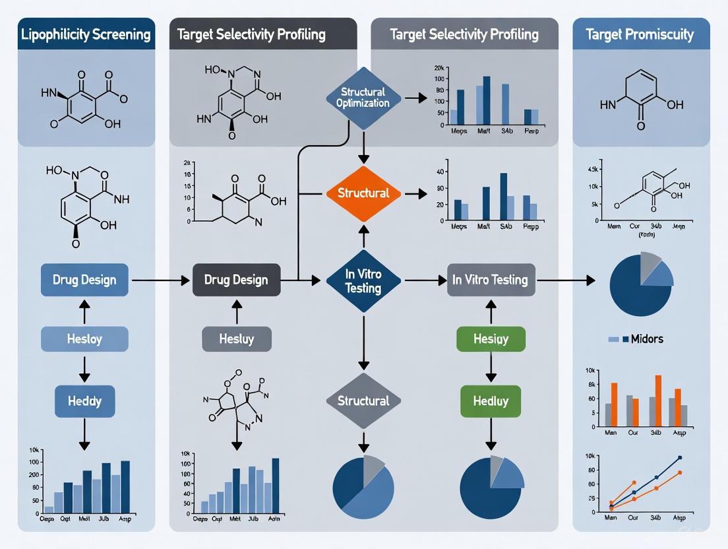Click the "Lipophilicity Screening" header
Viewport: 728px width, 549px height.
(x=86, y=34)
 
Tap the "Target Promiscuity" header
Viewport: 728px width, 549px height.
(x=641, y=34)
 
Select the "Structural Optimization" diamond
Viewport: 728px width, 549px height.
(x=362, y=97)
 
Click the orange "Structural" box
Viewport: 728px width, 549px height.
(x=363, y=193)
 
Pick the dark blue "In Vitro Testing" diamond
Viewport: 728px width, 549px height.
(x=363, y=280)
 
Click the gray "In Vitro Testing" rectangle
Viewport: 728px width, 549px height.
(x=490, y=280)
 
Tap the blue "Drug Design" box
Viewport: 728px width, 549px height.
(x=84, y=280)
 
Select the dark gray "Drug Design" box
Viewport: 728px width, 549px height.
(x=236, y=280)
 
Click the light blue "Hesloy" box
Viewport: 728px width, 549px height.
(x=84, y=339)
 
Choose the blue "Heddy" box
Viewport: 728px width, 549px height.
(x=84, y=401)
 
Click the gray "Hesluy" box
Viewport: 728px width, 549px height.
(x=236, y=339)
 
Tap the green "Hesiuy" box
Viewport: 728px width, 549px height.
(x=491, y=339)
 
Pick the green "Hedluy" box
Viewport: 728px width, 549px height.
(x=491, y=401)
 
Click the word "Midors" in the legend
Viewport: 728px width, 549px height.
(x=647, y=339)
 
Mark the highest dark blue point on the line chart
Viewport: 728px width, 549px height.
(x=680, y=457)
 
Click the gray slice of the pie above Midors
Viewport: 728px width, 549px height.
(x=650, y=262)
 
